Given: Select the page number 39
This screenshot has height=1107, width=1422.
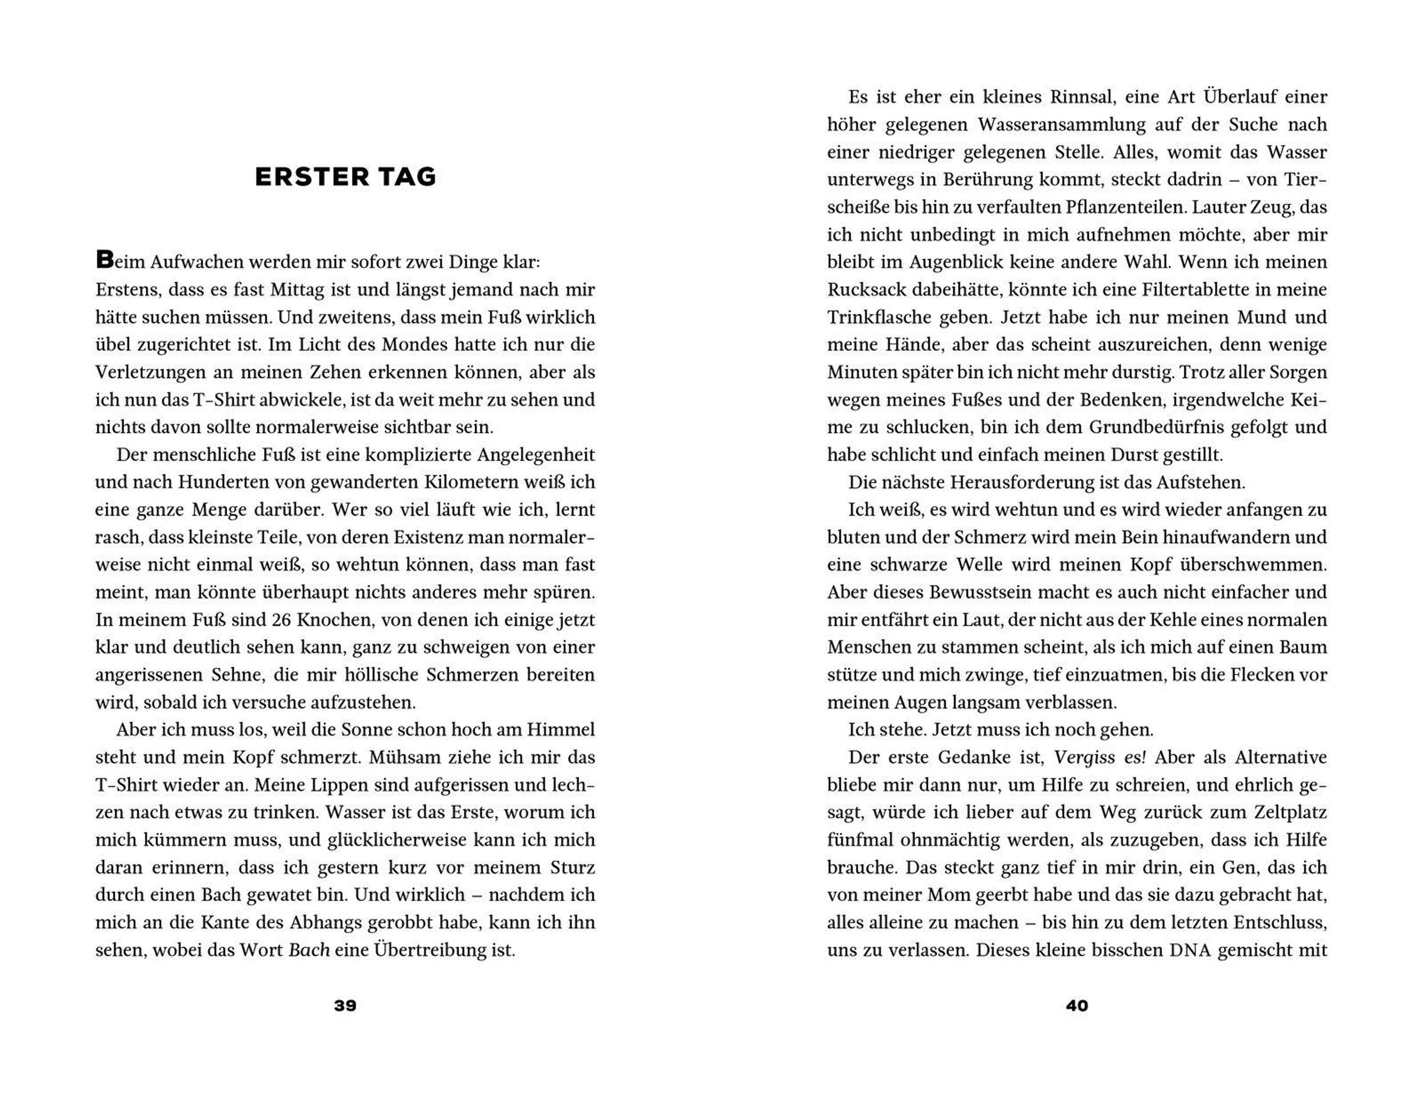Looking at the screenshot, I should (345, 1006).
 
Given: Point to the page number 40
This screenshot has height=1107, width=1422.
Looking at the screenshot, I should (1077, 1006).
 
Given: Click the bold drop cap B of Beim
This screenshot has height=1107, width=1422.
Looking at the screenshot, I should (104, 260).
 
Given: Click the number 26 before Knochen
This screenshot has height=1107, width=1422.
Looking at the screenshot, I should (281, 620).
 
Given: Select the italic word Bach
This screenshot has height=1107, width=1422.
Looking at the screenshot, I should (309, 950).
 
